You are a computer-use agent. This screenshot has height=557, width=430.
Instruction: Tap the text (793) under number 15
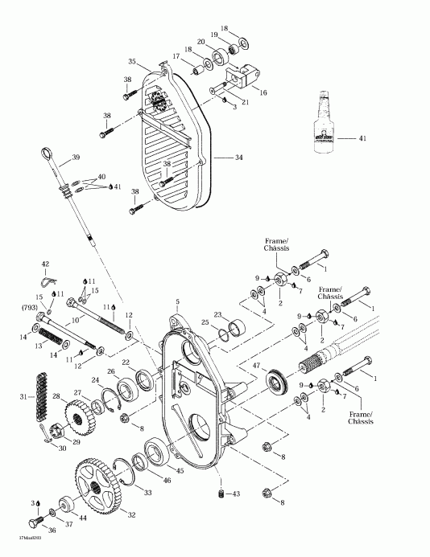[38, 306]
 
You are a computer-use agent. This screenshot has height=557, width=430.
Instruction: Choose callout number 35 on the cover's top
[131, 61]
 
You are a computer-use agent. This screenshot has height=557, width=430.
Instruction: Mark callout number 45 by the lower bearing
[179, 471]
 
